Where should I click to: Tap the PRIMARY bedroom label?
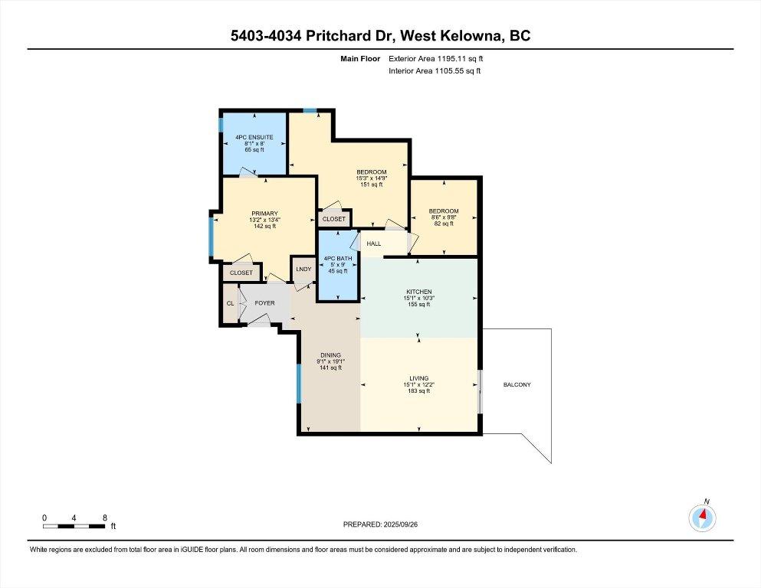click(x=264, y=214)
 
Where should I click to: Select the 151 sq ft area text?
click(x=371, y=185)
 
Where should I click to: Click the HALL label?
click(x=374, y=244)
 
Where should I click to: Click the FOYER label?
click(x=264, y=303)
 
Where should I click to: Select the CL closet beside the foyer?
click(x=230, y=303)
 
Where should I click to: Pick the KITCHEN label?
click(x=419, y=292)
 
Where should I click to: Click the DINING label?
click(x=330, y=355)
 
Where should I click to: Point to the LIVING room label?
click(x=419, y=378)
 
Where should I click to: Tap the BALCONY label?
click(x=517, y=384)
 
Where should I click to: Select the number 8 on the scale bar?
click(x=104, y=518)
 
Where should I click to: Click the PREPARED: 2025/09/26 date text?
click(x=380, y=524)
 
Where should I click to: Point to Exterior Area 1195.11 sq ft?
click(x=435, y=58)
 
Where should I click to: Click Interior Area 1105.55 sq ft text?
click(x=435, y=71)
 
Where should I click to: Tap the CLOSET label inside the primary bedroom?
click(x=241, y=273)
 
